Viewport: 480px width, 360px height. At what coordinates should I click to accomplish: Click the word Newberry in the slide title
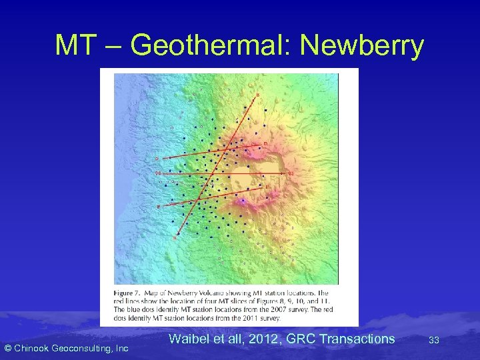click(362, 45)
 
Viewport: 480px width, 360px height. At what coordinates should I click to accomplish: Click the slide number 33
click(434, 340)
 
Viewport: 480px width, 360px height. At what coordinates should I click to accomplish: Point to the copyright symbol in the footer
click(7, 348)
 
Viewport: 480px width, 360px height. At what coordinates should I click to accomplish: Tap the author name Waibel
click(188, 339)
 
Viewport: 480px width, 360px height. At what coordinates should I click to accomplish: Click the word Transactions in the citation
click(357, 339)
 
